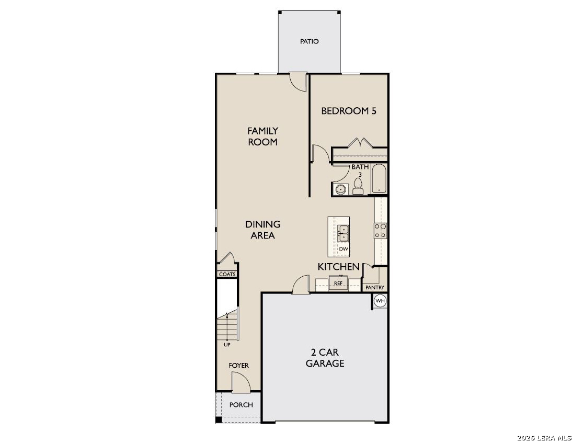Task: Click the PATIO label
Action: click(x=310, y=42)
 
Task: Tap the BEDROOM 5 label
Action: click(x=348, y=111)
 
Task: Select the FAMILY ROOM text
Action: click(x=262, y=136)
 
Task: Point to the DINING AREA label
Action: click(x=262, y=230)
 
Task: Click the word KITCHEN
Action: click(x=338, y=267)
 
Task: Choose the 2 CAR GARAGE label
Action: click(x=325, y=358)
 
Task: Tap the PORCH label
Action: click(x=241, y=405)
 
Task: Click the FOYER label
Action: click(x=239, y=365)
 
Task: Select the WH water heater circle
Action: click(x=380, y=301)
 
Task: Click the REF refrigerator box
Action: click(x=338, y=283)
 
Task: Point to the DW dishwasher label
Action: click(x=344, y=249)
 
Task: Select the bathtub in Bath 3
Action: click(x=379, y=179)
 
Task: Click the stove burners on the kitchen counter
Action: click(x=380, y=231)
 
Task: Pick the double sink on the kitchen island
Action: click(x=344, y=233)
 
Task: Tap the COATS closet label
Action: click(x=227, y=274)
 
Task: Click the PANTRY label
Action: click(x=375, y=288)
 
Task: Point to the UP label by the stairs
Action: click(x=227, y=345)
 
